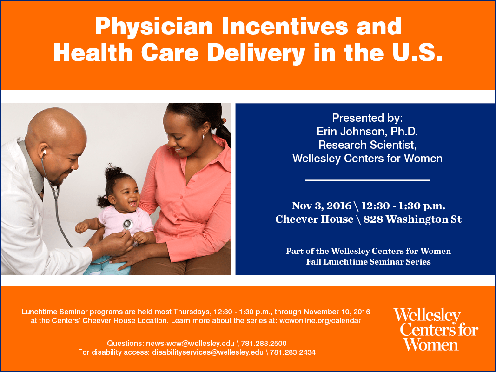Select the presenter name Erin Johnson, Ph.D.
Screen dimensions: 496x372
click(367, 131)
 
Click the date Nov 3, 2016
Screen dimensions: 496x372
click(321, 206)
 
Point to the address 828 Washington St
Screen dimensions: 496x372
click(412, 219)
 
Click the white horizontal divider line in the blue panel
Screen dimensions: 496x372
click(367, 180)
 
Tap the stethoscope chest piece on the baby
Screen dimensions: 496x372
click(128, 225)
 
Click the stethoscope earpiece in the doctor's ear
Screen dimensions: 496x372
click(45, 153)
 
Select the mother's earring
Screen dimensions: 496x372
click(203, 137)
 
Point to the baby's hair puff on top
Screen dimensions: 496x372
click(113, 172)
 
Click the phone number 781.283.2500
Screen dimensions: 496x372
click(264, 344)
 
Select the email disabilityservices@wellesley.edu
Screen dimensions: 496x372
click(208, 352)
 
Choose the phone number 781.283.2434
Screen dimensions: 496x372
click(292, 352)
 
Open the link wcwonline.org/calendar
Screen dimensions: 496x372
click(320, 321)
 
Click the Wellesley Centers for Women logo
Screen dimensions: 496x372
click(436, 329)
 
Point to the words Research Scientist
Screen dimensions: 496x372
click(367, 145)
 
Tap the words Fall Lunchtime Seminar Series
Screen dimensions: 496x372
click(368, 262)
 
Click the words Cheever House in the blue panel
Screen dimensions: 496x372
click(314, 219)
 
